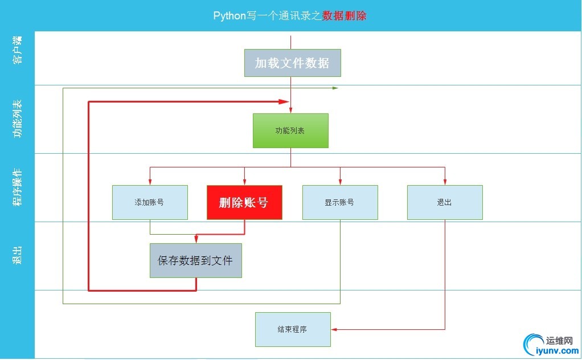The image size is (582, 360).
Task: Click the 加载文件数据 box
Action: click(293, 63)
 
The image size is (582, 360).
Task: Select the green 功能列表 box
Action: click(290, 130)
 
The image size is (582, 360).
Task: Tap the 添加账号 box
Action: click(150, 202)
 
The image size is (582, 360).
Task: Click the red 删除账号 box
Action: click(244, 202)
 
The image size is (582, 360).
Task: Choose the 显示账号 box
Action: click(340, 202)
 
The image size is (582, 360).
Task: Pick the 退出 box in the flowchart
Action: click(445, 202)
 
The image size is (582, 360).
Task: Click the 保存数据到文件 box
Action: click(196, 260)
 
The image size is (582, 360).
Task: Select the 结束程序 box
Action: click(293, 329)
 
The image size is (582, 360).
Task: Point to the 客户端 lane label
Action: click(18, 50)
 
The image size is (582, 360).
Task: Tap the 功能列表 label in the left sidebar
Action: click(18, 118)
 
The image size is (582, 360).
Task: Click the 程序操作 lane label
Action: click(18, 187)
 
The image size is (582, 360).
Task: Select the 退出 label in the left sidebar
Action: click(18, 255)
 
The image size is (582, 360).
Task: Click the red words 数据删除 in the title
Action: click(344, 16)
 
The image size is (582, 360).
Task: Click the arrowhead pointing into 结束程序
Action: click(334, 329)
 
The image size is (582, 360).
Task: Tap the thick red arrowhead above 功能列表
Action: click(283, 101)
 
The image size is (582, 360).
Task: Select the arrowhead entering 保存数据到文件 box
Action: click(196, 240)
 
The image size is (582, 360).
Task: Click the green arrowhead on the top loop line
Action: click(335, 88)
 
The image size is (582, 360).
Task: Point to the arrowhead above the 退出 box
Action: click(445, 182)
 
